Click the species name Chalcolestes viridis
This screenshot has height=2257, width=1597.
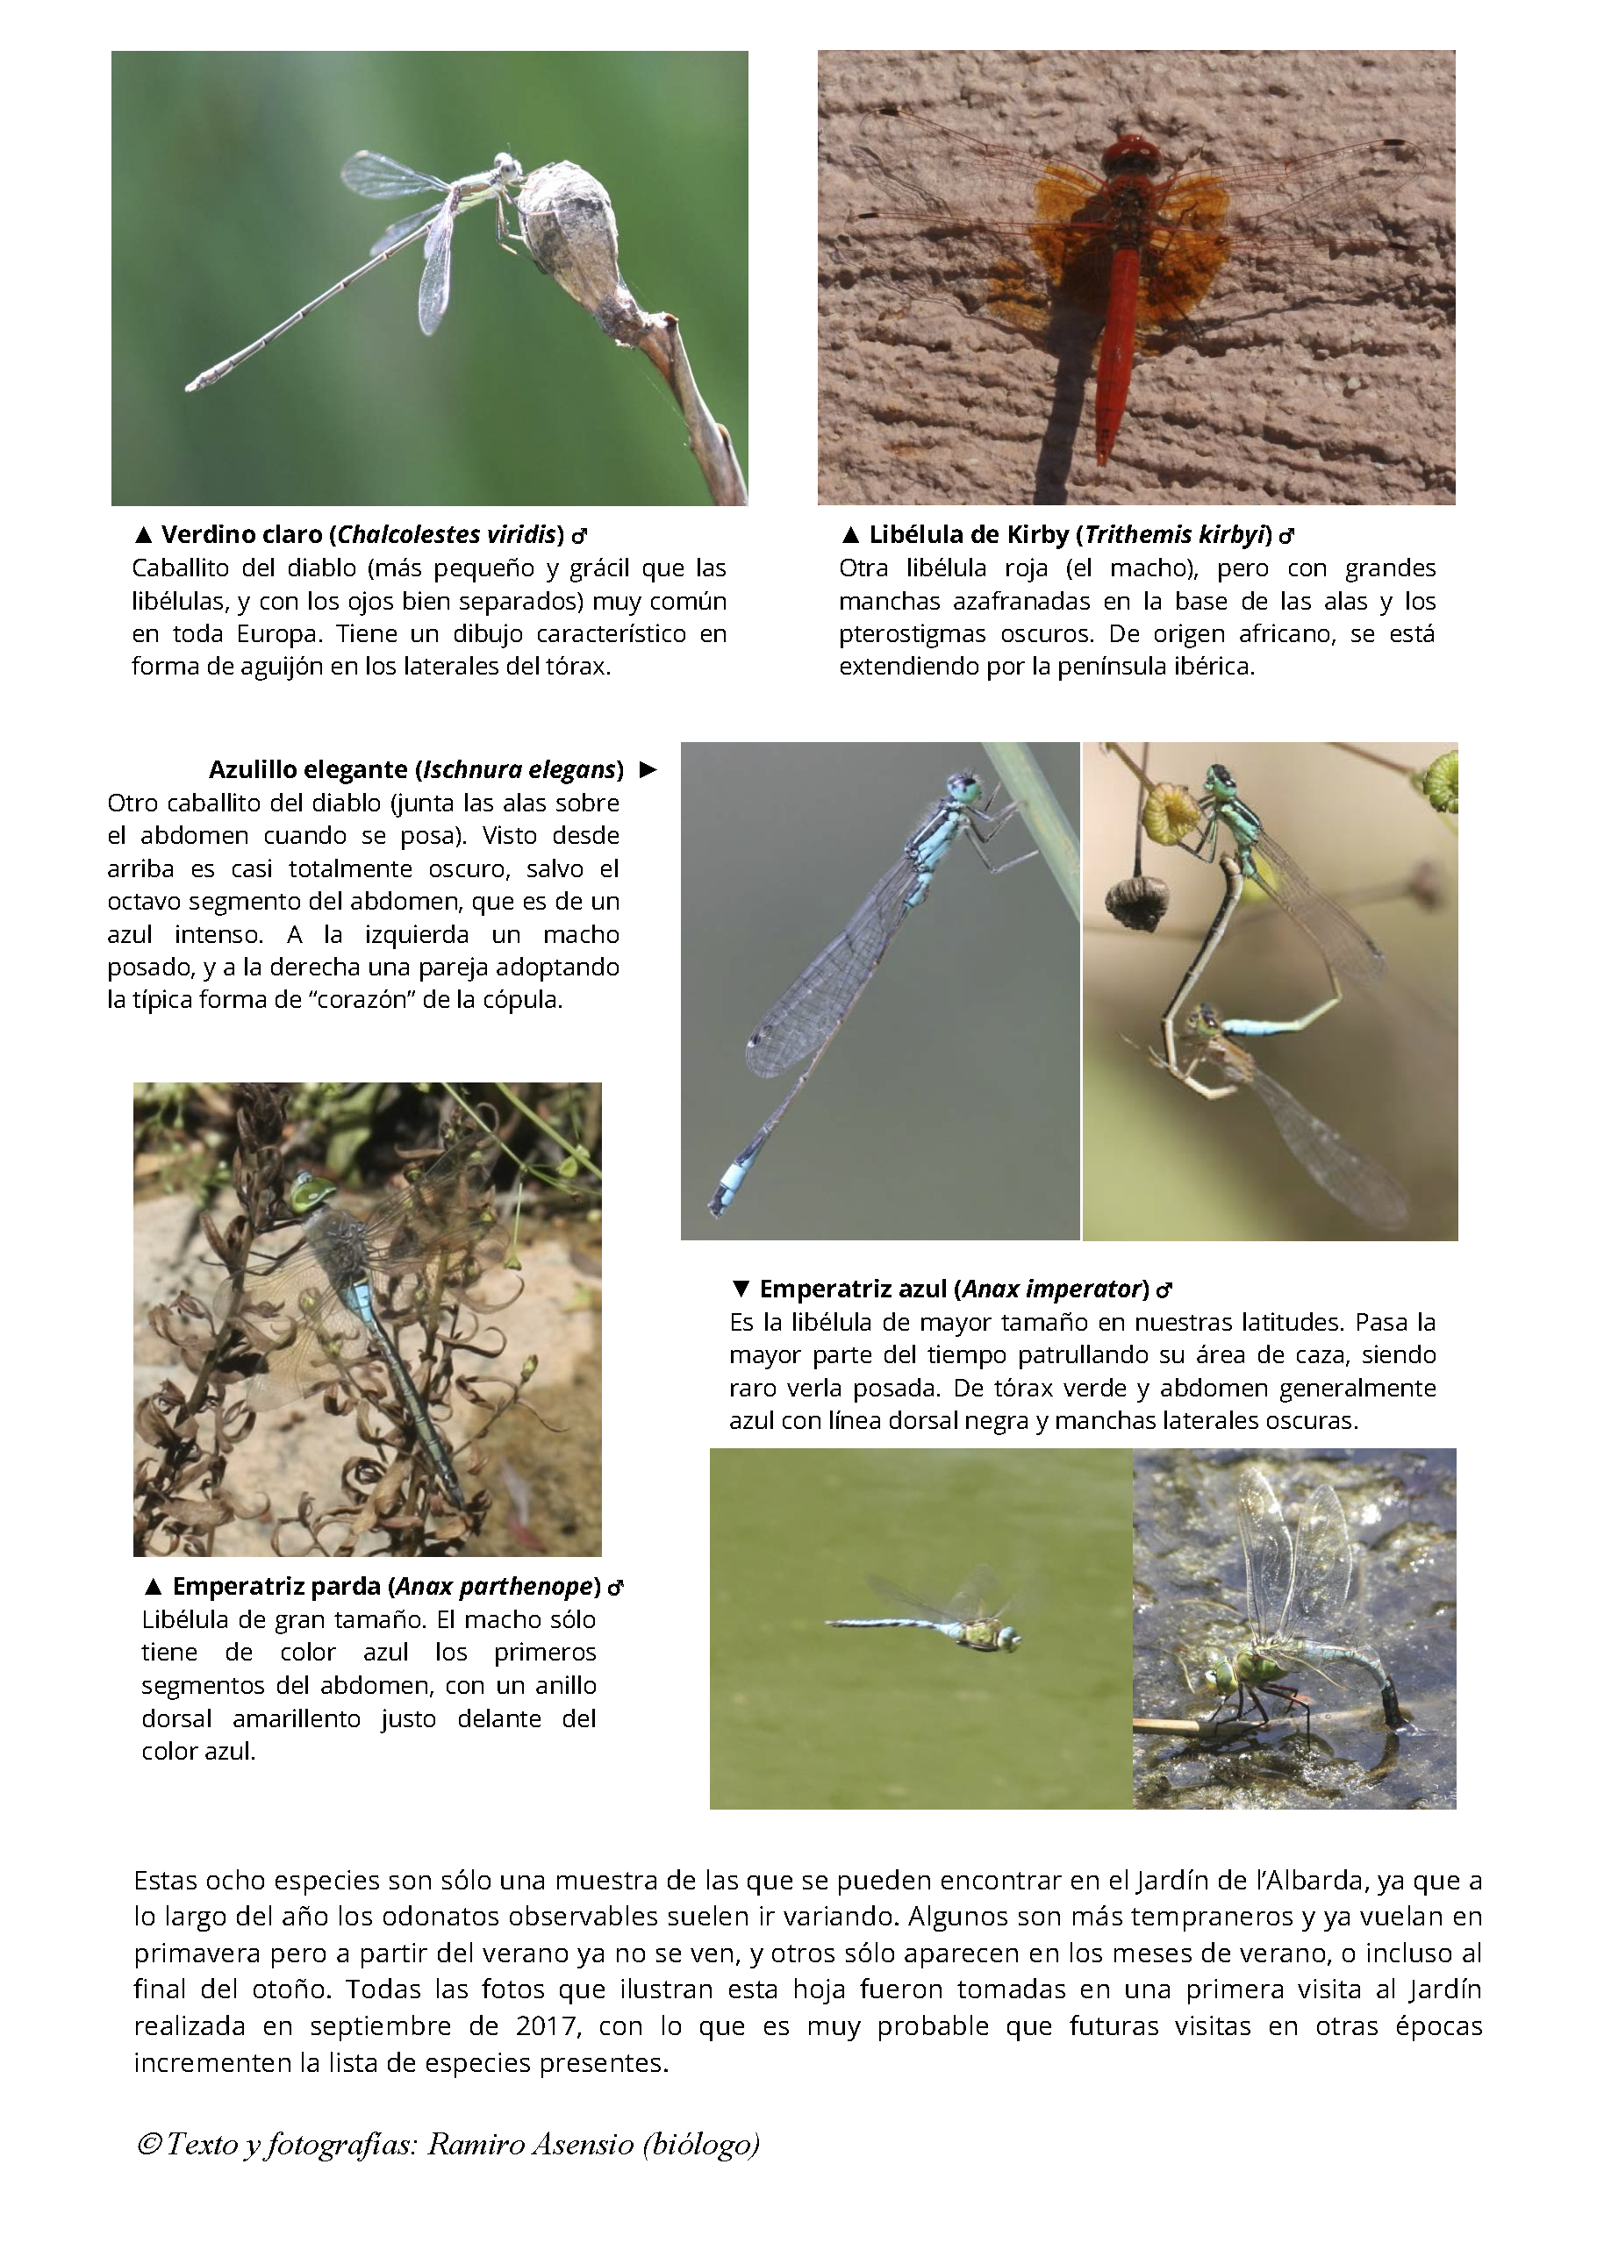[x=448, y=535]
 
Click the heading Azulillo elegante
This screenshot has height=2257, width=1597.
[x=308, y=768]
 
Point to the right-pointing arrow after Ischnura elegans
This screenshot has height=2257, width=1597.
[x=647, y=768]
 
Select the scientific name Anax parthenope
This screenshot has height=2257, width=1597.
[x=497, y=1586]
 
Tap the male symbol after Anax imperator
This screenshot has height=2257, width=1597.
[x=1164, y=1289]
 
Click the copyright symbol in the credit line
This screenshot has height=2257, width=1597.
[x=148, y=2144]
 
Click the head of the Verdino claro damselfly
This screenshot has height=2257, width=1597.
[x=506, y=165]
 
